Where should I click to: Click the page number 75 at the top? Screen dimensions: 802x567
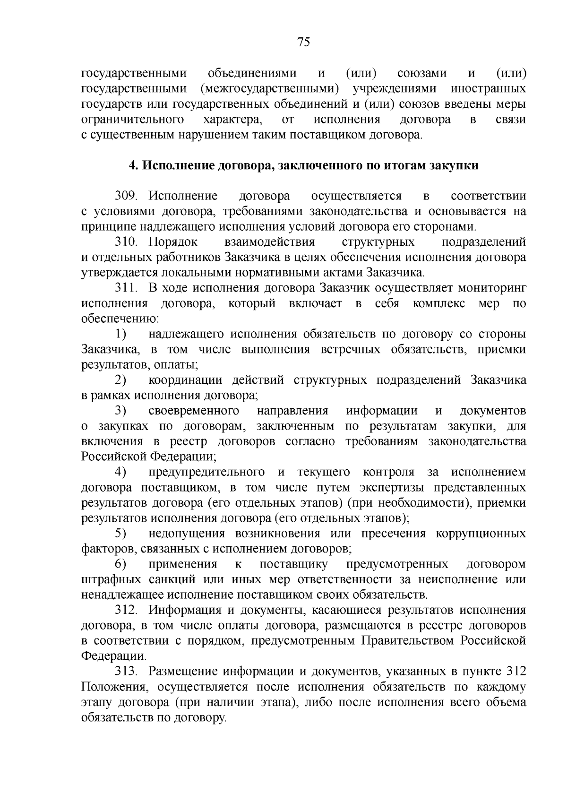[304, 43]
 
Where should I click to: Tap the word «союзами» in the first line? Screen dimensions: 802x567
[422, 74]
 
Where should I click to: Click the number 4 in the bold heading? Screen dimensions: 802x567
[133, 165]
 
